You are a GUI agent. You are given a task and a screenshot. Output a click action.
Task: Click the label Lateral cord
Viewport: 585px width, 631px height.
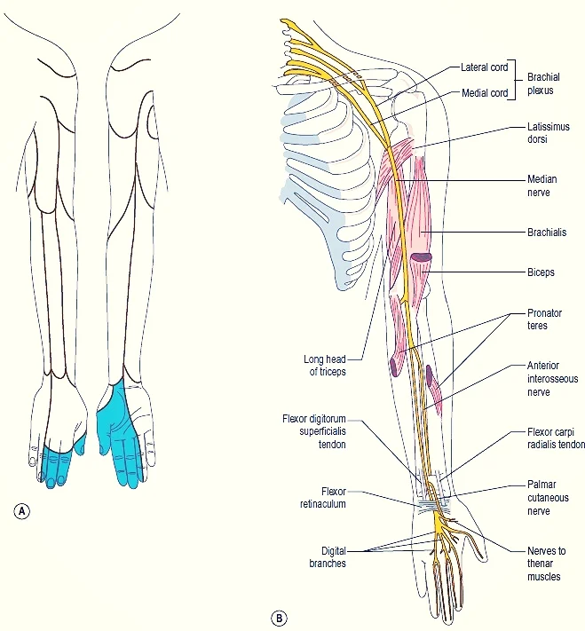tap(485, 67)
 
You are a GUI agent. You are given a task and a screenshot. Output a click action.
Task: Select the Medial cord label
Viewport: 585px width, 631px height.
tap(485, 92)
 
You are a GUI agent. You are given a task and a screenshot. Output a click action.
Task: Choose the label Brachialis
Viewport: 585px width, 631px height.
tap(549, 233)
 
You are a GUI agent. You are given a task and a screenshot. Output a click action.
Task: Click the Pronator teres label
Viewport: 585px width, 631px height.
tap(544, 319)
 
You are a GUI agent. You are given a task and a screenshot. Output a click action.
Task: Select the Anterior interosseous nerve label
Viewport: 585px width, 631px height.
tap(553, 379)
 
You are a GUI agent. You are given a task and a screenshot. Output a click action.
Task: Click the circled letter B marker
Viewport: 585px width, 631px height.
tap(280, 617)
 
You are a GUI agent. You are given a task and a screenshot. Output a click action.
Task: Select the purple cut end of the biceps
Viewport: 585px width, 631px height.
tap(421, 257)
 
